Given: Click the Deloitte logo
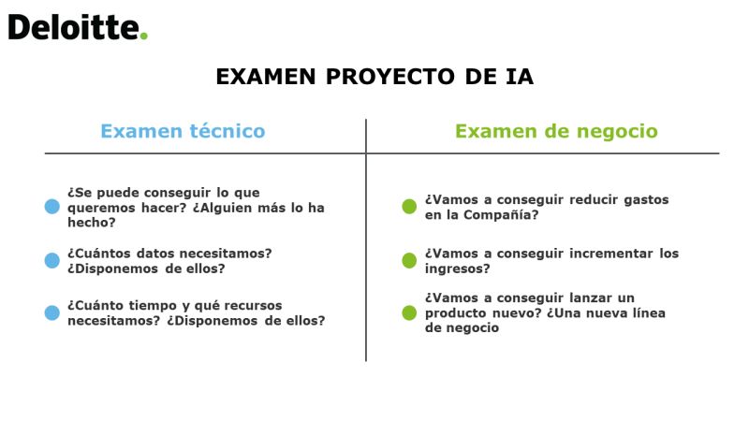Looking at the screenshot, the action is [x=78, y=27].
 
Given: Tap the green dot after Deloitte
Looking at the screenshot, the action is [x=144, y=36].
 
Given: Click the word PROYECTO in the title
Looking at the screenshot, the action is [x=389, y=77].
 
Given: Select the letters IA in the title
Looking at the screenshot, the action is [x=520, y=77].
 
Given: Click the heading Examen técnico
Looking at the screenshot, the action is [x=183, y=131].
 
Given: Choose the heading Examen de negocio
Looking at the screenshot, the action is [x=556, y=131].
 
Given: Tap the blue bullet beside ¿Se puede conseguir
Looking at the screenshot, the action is [x=52, y=207].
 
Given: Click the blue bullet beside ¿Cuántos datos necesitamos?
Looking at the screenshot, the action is [x=52, y=261].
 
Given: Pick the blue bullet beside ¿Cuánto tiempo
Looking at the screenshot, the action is [x=52, y=312].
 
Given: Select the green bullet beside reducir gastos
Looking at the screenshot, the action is [x=409, y=206].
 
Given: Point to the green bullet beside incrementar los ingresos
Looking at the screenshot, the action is [x=409, y=260].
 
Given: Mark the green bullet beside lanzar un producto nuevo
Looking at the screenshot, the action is [x=409, y=312].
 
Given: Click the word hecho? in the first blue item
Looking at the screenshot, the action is [x=91, y=223].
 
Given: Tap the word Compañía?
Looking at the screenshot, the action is [x=501, y=215].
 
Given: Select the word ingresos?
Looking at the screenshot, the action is [x=457, y=269].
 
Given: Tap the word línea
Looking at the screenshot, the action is [x=648, y=313].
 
